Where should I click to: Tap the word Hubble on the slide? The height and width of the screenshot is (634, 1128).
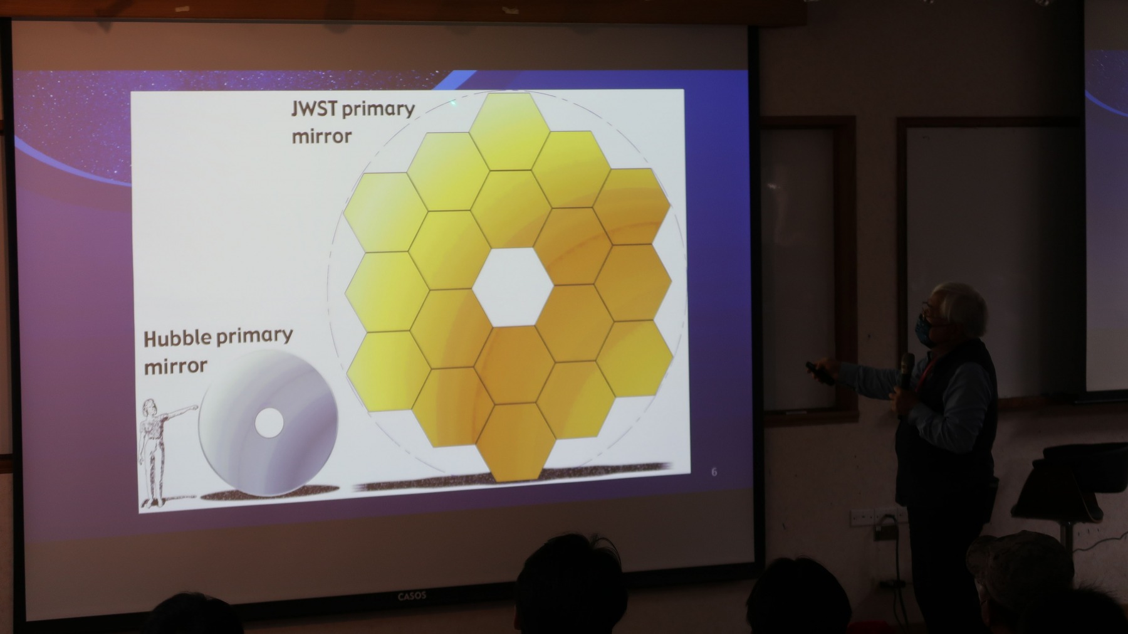coord(177,339)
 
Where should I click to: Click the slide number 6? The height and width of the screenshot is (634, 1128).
coord(714,472)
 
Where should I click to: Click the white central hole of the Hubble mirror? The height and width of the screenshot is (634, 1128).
coord(269,423)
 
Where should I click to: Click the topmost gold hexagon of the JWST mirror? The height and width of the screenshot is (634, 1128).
coord(509,131)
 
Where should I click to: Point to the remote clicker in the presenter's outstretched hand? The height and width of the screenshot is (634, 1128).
coord(818,372)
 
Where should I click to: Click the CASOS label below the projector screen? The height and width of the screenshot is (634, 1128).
coord(412,596)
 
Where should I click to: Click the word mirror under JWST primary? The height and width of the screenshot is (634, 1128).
coord(321,136)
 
